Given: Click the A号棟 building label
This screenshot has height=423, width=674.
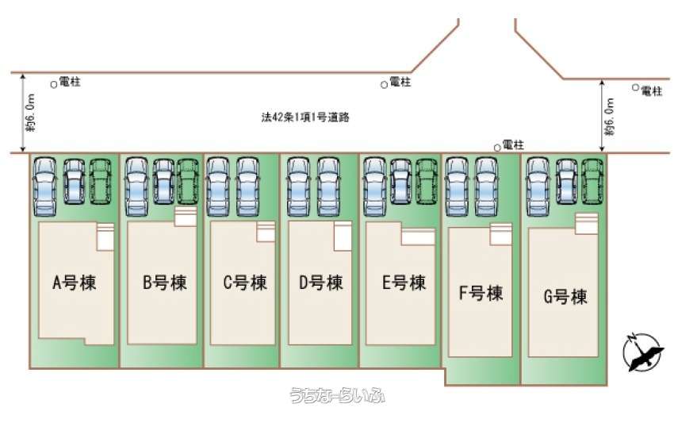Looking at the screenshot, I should point(75,283).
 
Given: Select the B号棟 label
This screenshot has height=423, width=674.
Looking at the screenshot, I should point(165,283).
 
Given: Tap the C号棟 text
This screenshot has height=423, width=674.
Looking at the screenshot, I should point(244,283).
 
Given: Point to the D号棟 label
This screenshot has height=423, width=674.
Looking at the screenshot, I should point(320,283).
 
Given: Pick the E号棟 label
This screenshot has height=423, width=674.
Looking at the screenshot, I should point(404,283).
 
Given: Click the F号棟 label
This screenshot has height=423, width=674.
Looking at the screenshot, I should point(481,293).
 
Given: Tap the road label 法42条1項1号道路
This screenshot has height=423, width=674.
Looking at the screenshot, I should point(306,117).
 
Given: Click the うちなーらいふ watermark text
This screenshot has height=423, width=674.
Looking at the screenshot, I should point(336,395).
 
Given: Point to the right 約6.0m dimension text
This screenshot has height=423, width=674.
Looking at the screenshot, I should point(609,115).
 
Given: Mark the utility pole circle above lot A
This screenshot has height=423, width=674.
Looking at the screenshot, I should point(54,83).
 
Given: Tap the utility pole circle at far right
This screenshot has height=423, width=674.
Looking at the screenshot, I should point(635,87).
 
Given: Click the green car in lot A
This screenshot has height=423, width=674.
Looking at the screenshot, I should point(100,183).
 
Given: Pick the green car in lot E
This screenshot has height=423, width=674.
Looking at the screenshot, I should point(427,183).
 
